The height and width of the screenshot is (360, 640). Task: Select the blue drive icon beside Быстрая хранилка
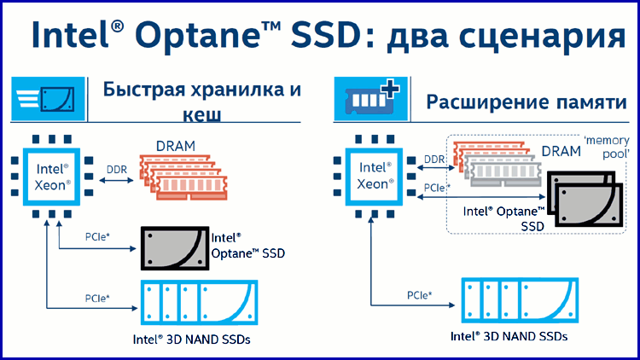coord(48,99)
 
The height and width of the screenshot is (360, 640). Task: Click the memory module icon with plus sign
coord(370,99)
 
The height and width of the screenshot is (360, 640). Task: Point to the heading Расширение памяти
coord(527,102)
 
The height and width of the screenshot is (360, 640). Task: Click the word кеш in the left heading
coord(201,114)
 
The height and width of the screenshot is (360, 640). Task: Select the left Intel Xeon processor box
coord(51,177)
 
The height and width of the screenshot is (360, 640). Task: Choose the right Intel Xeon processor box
coord(374,177)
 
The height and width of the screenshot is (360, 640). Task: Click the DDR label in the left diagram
coord(117,170)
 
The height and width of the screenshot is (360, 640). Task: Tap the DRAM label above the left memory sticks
coord(176,146)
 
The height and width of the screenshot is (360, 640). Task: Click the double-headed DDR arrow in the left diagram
coord(117,180)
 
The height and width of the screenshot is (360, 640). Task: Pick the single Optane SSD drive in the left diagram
coord(175,248)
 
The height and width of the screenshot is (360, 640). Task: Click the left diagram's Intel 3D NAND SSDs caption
coord(191,340)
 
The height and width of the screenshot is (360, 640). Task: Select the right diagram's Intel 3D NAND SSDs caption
coord(509,336)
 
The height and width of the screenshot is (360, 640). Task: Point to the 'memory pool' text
coord(607,147)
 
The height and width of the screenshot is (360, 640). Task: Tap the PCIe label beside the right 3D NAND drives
coord(419,294)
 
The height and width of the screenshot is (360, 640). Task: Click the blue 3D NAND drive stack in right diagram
coord(520,300)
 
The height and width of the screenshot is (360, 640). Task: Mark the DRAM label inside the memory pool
coord(561,152)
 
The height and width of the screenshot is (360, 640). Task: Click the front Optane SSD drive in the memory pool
coord(589,205)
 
